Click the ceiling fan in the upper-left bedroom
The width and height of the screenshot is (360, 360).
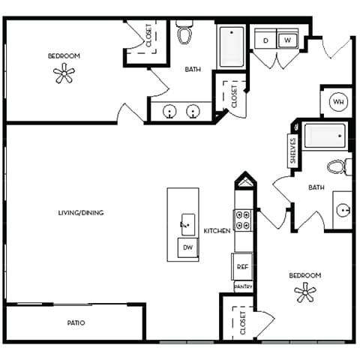tap(64, 73)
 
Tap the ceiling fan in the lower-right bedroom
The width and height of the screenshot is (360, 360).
tap(305, 292)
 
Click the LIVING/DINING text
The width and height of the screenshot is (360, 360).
tap(80, 213)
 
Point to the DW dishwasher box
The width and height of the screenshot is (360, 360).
tap(187, 248)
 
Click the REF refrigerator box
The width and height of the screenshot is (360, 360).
tap(242, 266)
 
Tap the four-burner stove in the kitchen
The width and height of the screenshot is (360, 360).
tap(243, 219)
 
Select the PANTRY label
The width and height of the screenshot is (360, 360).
tap(243, 286)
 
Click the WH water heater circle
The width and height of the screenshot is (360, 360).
tap(337, 102)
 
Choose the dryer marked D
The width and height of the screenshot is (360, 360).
tap(265, 40)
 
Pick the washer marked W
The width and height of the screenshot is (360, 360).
tap(288, 40)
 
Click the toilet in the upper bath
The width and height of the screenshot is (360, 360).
tap(184, 34)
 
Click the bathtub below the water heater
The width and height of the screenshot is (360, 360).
tap(323, 137)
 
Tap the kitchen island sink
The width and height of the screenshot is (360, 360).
tap(187, 223)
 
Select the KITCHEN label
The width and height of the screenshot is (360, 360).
tap(217, 231)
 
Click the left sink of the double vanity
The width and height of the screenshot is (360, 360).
tap(171, 112)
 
